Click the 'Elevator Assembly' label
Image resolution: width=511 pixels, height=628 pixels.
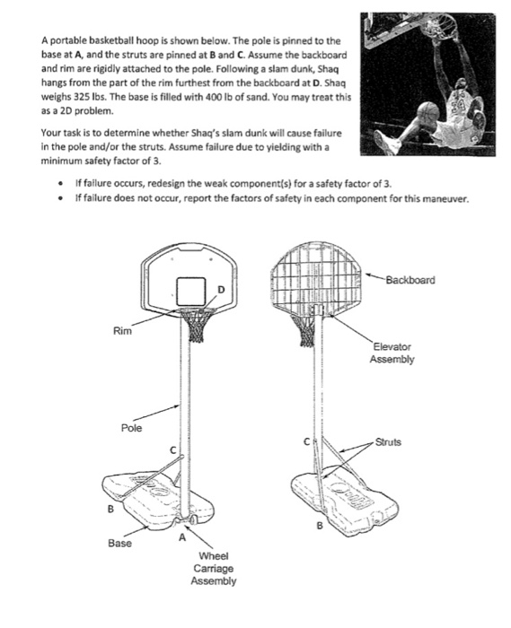coord(391,353)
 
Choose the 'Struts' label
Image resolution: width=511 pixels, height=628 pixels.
coord(388,441)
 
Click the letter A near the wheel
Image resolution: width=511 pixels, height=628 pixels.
coord(182,538)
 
